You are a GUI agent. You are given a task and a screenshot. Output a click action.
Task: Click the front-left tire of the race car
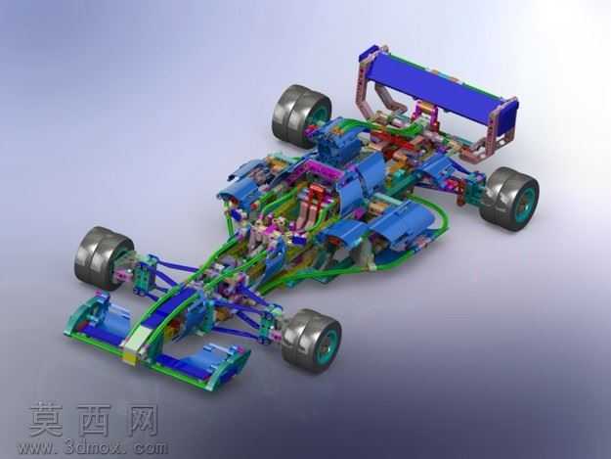coord(102,257)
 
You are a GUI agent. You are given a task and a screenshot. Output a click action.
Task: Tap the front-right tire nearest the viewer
coord(311,341)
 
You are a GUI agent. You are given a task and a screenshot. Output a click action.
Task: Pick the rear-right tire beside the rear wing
coord(509,199)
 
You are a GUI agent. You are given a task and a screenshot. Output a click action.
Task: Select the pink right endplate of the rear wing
coord(502,127)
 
